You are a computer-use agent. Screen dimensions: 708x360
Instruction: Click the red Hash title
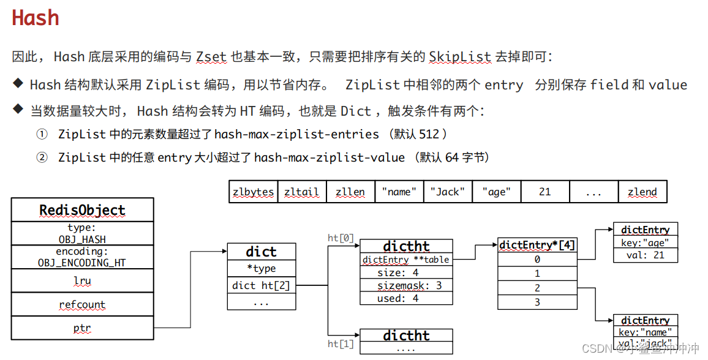(36, 18)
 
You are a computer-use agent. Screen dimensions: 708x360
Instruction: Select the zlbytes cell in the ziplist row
(253, 192)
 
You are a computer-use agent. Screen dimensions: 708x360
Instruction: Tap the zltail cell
(301, 192)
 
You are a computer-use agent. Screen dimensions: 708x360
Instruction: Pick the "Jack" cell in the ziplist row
(448, 192)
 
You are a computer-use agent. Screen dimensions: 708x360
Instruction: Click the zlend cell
(642, 192)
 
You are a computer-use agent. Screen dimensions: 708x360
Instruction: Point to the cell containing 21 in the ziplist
(544, 192)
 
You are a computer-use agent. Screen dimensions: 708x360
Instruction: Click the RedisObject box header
(82, 210)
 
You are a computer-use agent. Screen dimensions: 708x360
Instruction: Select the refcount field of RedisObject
(82, 304)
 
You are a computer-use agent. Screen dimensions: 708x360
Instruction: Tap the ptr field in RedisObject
(82, 328)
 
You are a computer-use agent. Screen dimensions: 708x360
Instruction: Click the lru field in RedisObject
(82, 280)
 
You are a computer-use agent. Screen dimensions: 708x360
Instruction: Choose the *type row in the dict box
(261, 268)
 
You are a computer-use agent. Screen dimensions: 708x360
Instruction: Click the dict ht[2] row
(261, 285)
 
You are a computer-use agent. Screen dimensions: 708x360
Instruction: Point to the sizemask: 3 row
(406, 285)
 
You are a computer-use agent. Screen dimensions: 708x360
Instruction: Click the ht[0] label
(341, 238)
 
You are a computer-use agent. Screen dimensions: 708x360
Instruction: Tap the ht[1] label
(341, 343)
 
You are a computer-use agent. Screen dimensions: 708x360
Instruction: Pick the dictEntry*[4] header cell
(537, 245)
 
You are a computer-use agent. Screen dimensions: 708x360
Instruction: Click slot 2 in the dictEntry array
(537, 288)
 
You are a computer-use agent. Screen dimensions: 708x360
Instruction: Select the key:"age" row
(645, 242)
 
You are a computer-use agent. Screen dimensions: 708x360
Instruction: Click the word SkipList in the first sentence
(460, 57)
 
